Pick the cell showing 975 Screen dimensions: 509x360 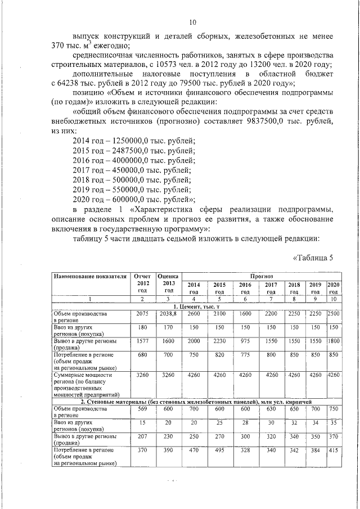[245, 341]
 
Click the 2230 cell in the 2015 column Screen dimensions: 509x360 [219, 341]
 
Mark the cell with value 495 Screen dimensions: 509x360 [219, 451]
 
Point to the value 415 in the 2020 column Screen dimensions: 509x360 [334, 451]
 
